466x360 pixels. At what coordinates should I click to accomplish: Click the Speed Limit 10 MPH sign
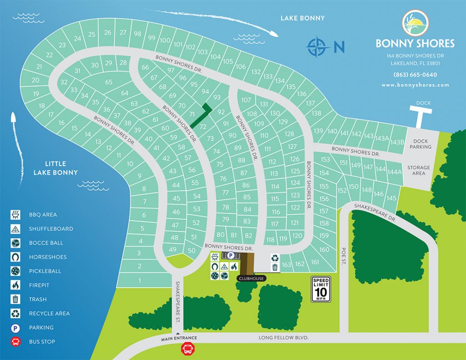click(320, 289)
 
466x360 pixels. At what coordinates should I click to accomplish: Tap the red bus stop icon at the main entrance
click(187, 349)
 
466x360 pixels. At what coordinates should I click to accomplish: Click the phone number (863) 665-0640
click(415, 75)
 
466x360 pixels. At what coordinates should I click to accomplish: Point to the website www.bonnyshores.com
click(415, 85)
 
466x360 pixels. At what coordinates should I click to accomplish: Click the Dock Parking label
click(420, 144)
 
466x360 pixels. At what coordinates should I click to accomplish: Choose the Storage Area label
click(418, 170)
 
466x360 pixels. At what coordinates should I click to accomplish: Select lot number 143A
click(382, 138)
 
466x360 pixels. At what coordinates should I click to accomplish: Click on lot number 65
click(108, 82)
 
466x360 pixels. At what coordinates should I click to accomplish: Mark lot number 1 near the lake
click(139, 281)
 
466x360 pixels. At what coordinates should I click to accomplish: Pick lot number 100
click(165, 41)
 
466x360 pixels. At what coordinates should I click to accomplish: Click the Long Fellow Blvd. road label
click(284, 338)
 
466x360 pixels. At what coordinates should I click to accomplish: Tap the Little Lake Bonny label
click(56, 168)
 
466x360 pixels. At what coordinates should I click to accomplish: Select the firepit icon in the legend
click(16, 285)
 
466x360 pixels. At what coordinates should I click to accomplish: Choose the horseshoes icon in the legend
click(16, 257)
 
